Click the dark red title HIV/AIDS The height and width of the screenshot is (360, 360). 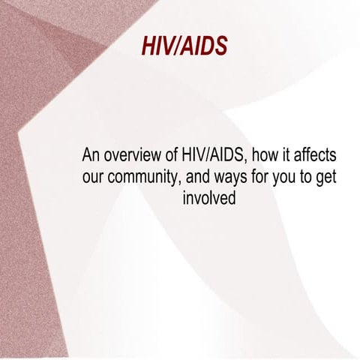coord(184,46)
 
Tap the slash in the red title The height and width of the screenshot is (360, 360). coord(175,46)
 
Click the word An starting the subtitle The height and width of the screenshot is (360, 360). coord(91,157)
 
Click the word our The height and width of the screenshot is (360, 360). coord(94,178)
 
